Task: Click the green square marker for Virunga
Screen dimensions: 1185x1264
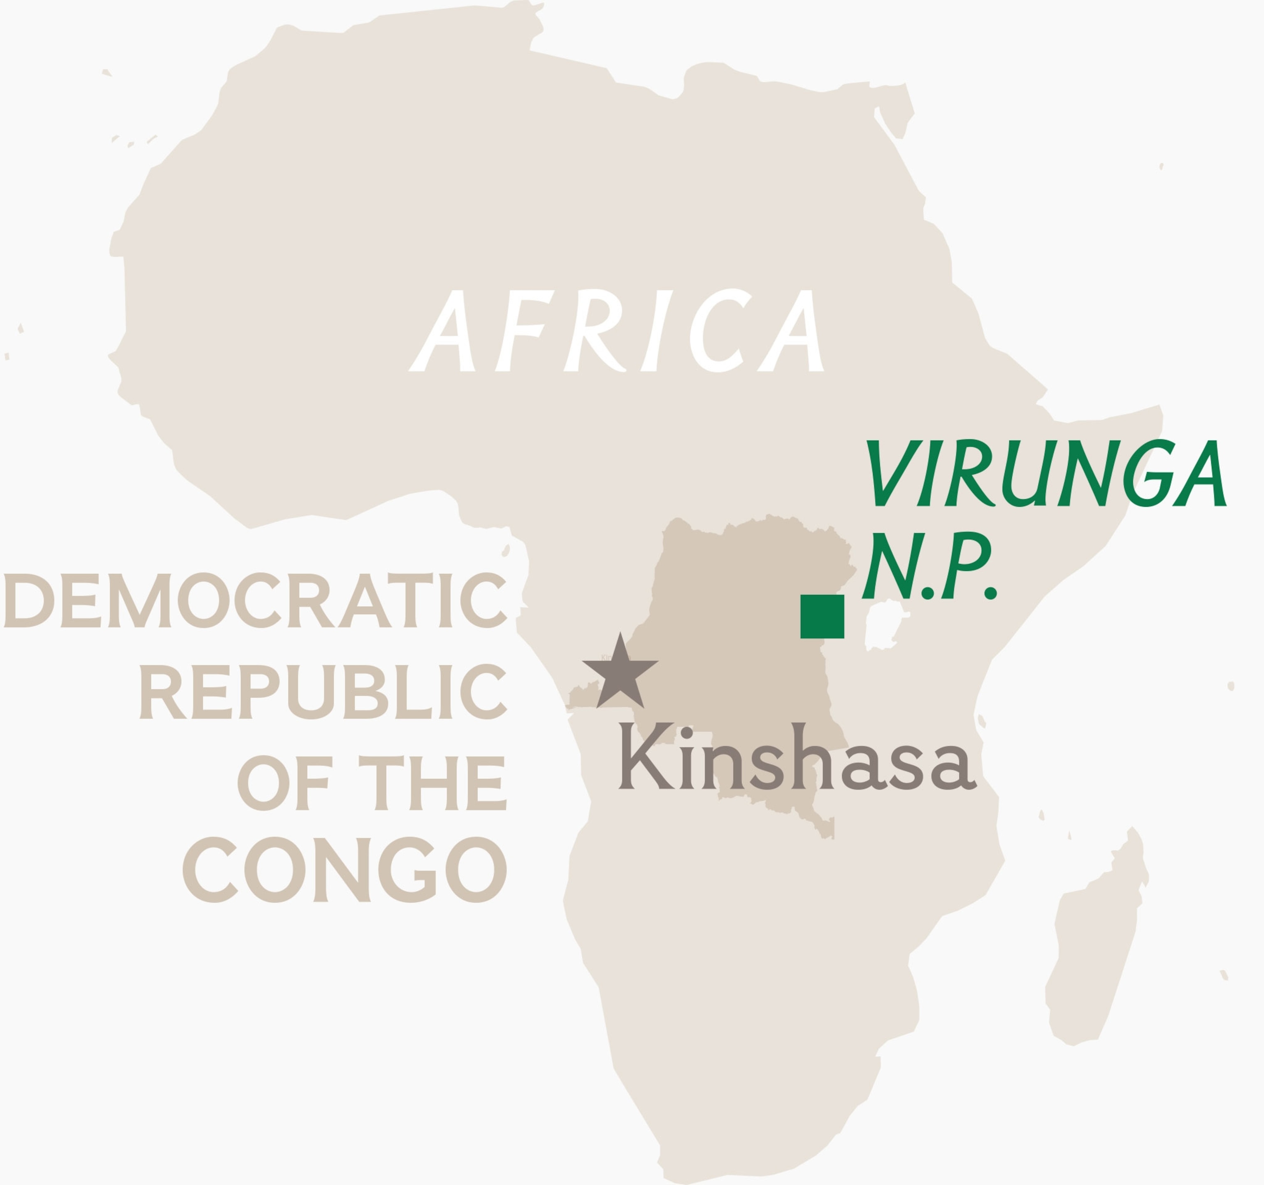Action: tap(822, 616)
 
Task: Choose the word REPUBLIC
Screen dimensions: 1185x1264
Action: tap(323, 691)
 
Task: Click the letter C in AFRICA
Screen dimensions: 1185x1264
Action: tap(718, 331)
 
